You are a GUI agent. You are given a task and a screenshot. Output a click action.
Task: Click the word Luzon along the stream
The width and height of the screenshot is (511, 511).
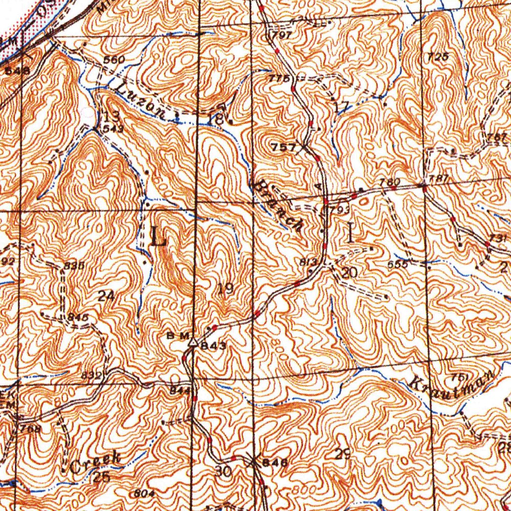point(143,102)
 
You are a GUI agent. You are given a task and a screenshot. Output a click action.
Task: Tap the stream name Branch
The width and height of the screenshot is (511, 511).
point(277,207)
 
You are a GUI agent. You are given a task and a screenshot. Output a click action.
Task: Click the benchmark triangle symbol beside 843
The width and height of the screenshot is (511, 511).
point(193,342)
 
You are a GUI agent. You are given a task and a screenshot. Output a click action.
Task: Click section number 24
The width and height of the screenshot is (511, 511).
point(106,296)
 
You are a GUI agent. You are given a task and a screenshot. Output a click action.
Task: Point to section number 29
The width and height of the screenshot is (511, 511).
point(342,455)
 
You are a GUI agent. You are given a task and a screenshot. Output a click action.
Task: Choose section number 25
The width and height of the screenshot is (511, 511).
point(102,477)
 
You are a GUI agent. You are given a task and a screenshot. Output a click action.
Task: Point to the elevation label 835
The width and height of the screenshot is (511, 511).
point(73,266)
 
